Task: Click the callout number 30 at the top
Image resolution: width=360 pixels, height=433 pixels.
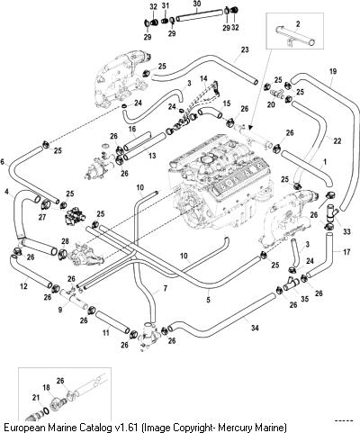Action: tap(196, 4)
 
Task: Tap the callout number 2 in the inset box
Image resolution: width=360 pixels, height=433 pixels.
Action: tap(298, 23)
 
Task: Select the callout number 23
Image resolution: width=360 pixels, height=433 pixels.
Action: tap(245, 50)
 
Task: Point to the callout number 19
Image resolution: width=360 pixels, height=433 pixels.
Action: tap(333, 71)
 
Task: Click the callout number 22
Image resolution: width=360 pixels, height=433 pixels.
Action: tap(337, 140)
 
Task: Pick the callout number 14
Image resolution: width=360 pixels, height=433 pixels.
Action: tap(203, 78)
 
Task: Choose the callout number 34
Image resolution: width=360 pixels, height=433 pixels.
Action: tap(255, 328)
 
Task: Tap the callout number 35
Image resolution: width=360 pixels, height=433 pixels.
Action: tap(304, 299)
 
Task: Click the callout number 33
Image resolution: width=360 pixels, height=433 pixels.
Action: tap(346, 231)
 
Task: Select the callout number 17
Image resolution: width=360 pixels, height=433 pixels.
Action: tap(346, 252)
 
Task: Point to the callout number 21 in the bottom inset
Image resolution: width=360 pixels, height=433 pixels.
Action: tap(36, 398)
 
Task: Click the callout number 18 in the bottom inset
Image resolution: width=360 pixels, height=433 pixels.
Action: tap(46, 387)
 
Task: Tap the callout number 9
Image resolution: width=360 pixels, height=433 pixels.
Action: tap(60, 309)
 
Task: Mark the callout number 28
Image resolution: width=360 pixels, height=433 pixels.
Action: tap(65, 241)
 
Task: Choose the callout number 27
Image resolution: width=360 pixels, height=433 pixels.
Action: tap(42, 217)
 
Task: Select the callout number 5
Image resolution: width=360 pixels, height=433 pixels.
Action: tap(208, 300)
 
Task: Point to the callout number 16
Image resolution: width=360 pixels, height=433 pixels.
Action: tap(132, 129)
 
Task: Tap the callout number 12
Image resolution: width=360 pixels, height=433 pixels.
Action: tap(23, 286)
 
